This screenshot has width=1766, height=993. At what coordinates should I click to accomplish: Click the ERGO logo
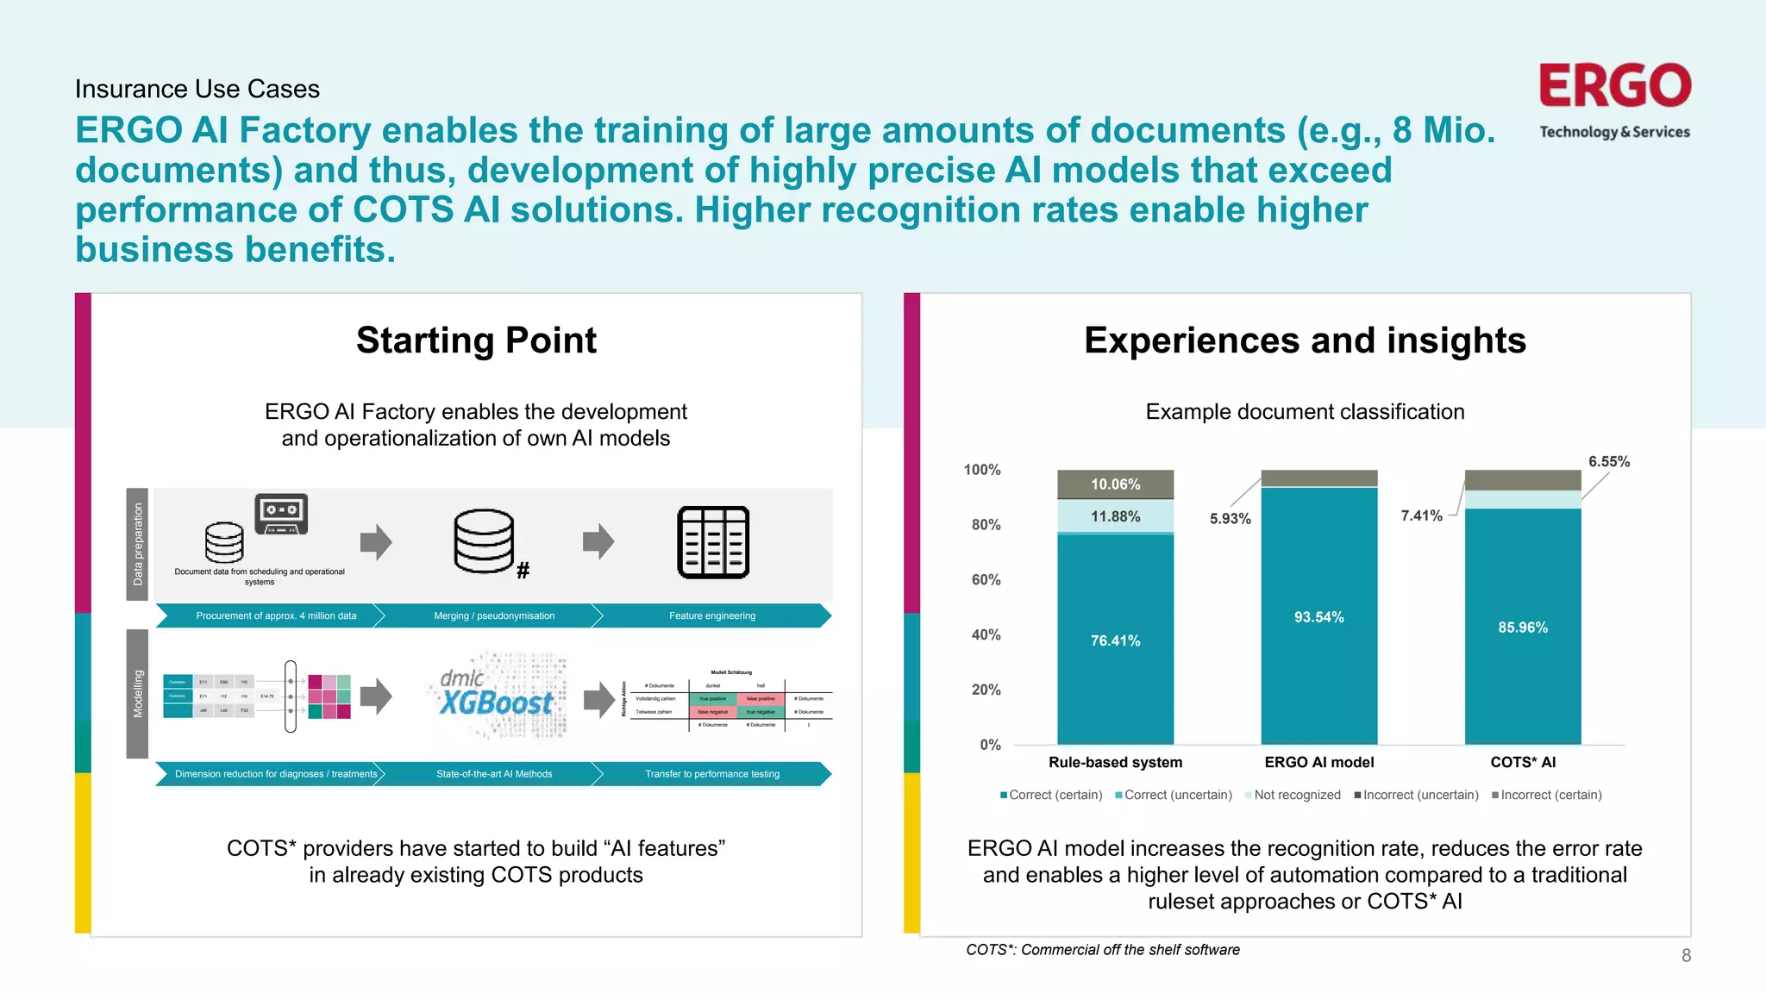[1614, 86]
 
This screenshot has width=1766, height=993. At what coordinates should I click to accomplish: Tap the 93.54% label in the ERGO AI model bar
[1318, 617]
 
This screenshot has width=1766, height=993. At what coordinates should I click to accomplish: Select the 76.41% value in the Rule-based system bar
[1115, 640]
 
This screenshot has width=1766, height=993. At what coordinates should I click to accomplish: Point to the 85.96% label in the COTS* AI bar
[1522, 628]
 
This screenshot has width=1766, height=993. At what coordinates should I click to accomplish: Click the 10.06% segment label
[1115, 484]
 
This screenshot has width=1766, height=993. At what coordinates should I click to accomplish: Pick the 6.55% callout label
[1608, 462]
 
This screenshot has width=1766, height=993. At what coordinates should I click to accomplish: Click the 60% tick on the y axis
[986, 580]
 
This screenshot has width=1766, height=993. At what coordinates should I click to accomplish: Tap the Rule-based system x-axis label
[1115, 762]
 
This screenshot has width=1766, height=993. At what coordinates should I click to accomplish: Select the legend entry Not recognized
[1297, 795]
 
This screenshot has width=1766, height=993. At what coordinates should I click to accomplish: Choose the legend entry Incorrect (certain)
[1550, 795]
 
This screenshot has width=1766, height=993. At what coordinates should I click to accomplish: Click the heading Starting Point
[476, 340]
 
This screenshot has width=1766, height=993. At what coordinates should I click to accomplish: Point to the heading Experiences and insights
[1305, 340]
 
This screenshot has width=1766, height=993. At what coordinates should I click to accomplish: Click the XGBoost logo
[495, 696]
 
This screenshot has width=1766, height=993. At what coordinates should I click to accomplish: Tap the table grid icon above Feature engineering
[713, 542]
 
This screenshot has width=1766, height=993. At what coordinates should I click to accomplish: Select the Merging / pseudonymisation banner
[494, 615]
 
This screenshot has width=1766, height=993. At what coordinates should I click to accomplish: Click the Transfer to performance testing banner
[712, 774]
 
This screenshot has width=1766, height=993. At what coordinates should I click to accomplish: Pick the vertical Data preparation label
[138, 544]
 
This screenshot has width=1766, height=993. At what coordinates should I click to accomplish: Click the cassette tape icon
[281, 514]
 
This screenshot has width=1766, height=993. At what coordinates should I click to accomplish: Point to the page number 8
[1686, 955]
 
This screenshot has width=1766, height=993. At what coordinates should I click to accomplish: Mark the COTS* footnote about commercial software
[1102, 950]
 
